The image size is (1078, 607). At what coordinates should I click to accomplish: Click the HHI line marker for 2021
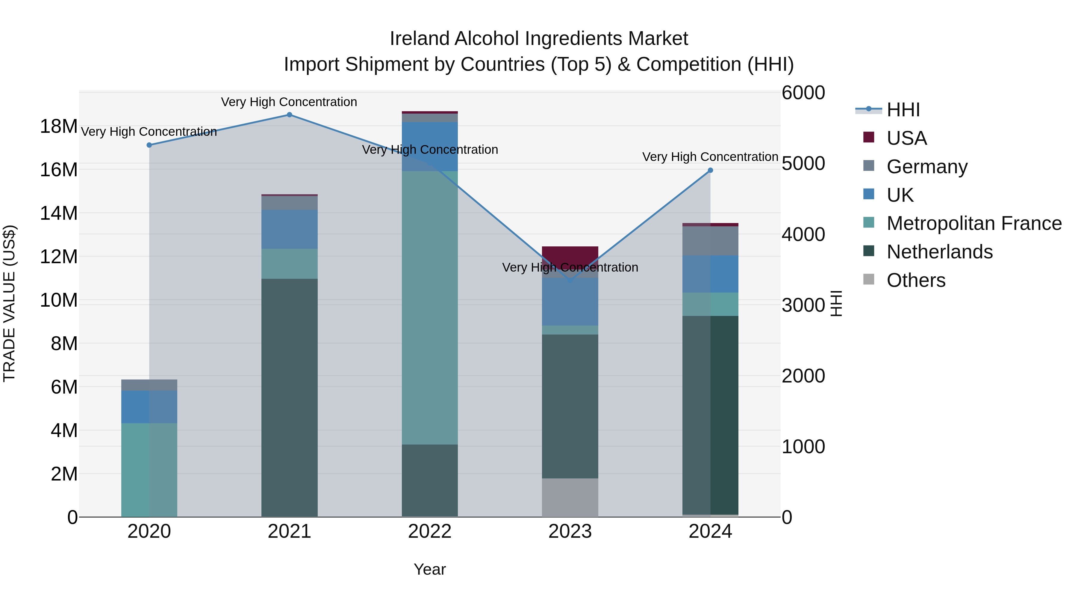pos(289,115)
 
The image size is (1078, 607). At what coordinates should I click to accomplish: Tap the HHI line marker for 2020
pos(149,145)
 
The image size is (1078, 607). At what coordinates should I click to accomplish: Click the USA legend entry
pos(906,138)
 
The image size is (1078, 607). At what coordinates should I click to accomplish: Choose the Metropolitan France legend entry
pos(973,223)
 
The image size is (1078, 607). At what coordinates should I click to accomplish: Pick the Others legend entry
pos(916,280)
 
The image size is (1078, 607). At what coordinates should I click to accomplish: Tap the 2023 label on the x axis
pos(570,531)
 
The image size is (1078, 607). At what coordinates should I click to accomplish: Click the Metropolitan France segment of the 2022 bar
pos(430,308)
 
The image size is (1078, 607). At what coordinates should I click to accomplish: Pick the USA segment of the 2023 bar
pos(570,253)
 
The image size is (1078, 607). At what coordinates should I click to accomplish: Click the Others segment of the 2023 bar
pos(570,497)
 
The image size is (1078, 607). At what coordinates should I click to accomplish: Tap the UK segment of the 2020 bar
pos(149,407)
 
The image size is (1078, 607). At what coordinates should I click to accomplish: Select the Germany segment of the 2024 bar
pos(710,241)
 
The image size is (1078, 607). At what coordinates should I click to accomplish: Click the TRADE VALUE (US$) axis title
pos(9,303)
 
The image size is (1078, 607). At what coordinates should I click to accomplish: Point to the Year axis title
pos(430,569)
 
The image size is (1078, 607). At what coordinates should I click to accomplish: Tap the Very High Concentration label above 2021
pos(289,102)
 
